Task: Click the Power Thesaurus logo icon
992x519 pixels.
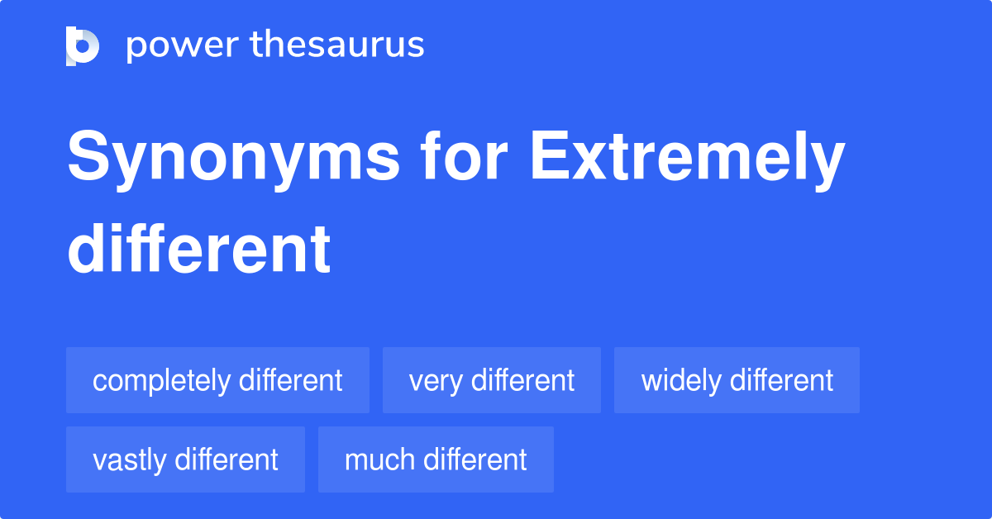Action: point(83,45)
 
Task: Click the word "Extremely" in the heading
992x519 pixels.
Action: point(687,159)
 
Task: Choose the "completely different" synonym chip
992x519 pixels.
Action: point(217,380)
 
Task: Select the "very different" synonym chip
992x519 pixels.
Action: point(491,380)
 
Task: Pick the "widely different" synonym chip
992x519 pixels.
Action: point(737,380)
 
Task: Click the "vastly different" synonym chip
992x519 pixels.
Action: point(185,459)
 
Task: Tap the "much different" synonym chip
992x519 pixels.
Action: point(436,459)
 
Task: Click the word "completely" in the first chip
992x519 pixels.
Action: point(162,381)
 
